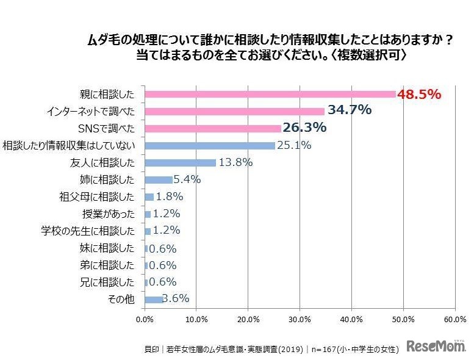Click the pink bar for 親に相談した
(x=270, y=95)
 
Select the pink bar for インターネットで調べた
(x=235, y=112)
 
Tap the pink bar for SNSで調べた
(x=213, y=129)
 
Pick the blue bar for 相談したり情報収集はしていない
(x=210, y=145)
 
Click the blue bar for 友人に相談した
(x=181, y=163)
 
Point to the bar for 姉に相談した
(x=159, y=180)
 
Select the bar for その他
(x=154, y=299)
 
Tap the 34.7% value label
(x=350, y=110)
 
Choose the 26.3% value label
(x=304, y=128)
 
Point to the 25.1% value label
(x=293, y=145)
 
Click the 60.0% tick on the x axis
(x=454, y=319)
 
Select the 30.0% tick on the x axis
(x=300, y=319)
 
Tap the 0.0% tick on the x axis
(x=145, y=319)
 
